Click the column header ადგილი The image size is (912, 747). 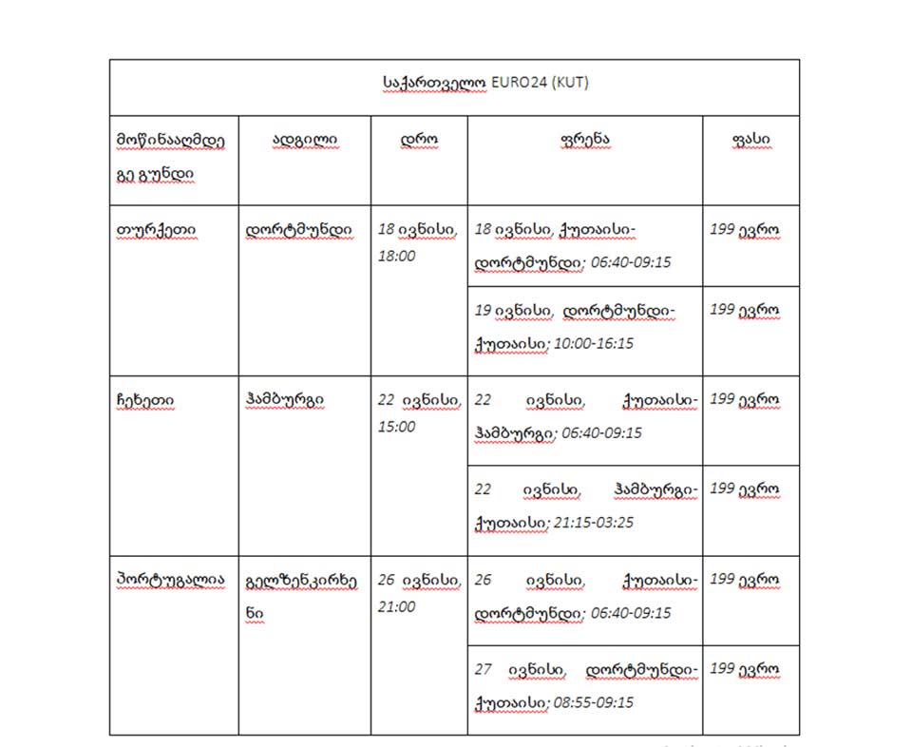[x=305, y=140]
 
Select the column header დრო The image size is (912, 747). [x=419, y=140]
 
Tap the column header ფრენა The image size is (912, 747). [x=585, y=140]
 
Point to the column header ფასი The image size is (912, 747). [x=751, y=140]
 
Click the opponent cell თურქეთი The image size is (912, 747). [x=153, y=230]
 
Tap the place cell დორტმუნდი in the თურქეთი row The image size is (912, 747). [x=298, y=230]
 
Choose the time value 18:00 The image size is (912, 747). [x=396, y=257]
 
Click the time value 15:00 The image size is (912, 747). [x=396, y=427]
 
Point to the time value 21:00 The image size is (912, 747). [x=396, y=606]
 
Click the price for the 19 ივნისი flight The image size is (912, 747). [x=745, y=310]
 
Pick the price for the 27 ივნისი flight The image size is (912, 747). [x=745, y=669]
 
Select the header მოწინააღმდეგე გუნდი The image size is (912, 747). [x=171, y=157]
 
